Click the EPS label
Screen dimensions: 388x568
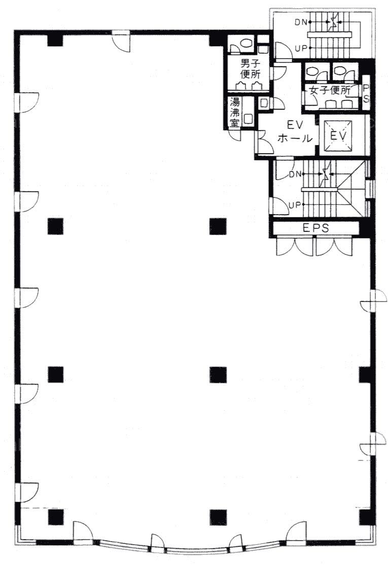[316, 228]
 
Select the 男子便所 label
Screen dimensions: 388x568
[250, 69]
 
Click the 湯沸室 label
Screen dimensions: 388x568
[234, 112]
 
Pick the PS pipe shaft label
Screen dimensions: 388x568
[366, 93]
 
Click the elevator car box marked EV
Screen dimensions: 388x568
[338, 136]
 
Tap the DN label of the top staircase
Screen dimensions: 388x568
[300, 22]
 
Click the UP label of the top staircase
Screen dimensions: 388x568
[301, 48]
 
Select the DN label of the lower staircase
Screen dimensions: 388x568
[295, 174]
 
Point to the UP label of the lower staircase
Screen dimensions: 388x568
[295, 205]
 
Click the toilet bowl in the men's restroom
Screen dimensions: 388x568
[247, 43]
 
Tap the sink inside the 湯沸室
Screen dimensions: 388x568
[249, 118]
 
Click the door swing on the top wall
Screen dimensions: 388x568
[121, 42]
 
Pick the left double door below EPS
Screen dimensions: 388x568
[294, 247]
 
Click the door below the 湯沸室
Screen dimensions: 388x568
[235, 135]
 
